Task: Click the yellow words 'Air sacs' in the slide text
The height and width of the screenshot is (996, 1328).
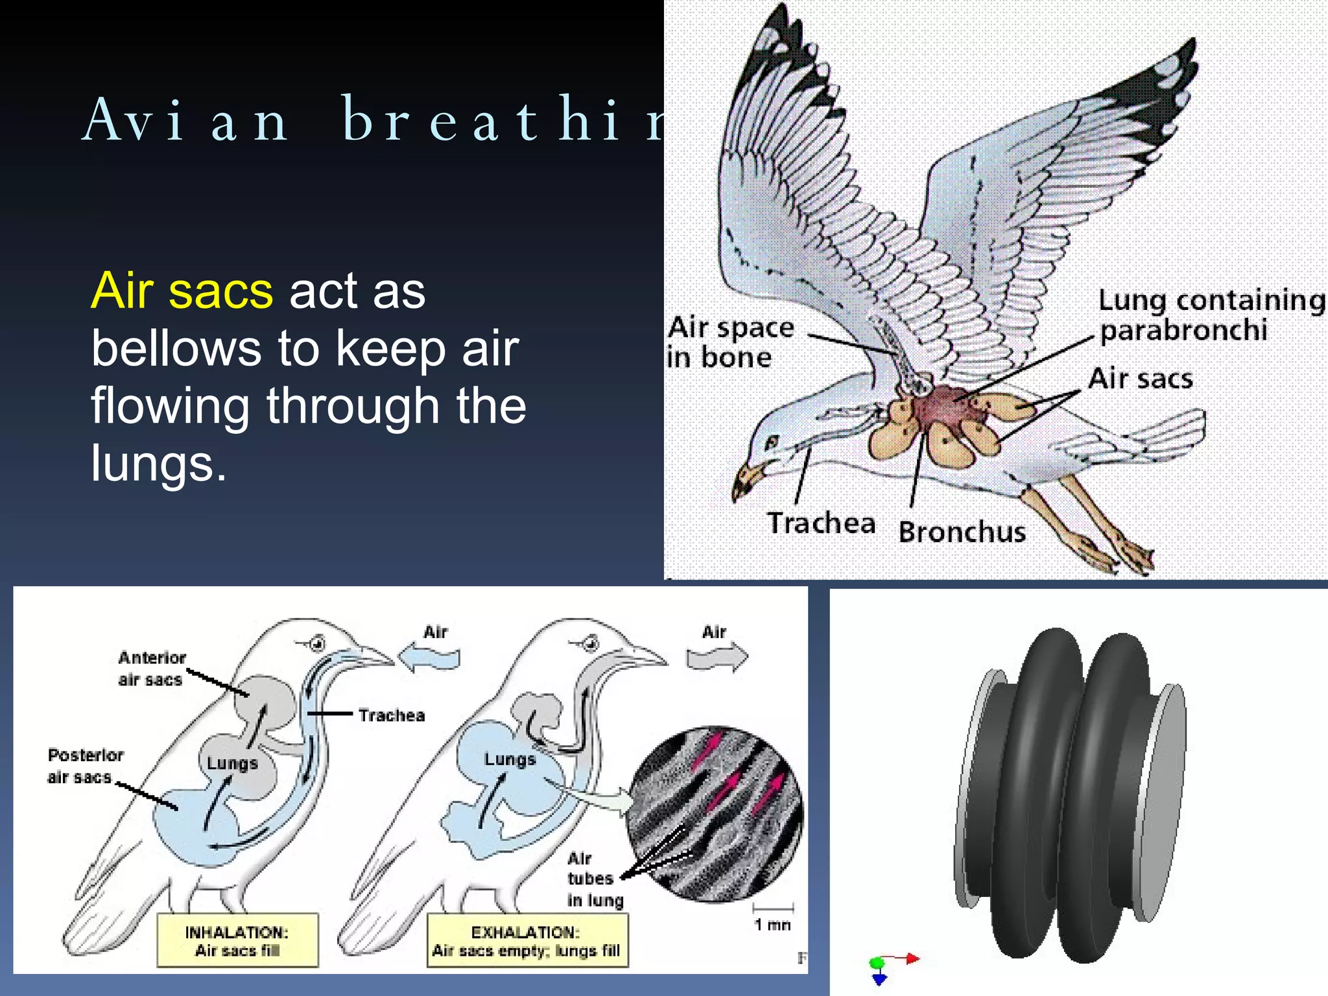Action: click(x=182, y=291)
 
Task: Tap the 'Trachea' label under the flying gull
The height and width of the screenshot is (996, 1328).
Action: click(x=821, y=523)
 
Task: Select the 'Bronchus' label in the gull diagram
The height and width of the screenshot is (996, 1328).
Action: click(x=962, y=532)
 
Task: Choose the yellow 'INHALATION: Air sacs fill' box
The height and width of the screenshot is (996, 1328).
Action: click(x=237, y=941)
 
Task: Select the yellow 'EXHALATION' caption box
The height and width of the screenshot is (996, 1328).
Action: click(x=527, y=941)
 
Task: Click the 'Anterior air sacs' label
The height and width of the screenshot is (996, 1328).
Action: click(x=152, y=669)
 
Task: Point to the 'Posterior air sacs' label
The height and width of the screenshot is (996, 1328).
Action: click(x=84, y=766)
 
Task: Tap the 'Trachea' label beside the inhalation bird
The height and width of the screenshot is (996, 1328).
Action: click(x=392, y=715)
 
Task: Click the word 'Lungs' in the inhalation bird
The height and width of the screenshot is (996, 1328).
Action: click(x=232, y=763)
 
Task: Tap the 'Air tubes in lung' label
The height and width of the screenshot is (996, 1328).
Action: click(x=594, y=879)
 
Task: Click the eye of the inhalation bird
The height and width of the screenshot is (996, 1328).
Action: click(x=318, y=643)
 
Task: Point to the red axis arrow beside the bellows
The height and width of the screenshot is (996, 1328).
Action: click(x=905, y=958)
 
